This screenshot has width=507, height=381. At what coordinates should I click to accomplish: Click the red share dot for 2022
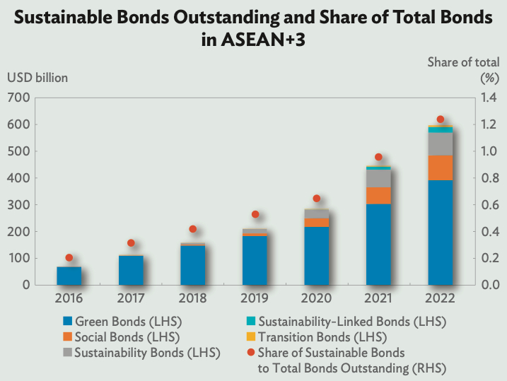pos(441,119)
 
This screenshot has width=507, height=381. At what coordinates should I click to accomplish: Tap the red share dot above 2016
pos(69,258)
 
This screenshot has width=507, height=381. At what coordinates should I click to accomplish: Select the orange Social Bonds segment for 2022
pos(441,168)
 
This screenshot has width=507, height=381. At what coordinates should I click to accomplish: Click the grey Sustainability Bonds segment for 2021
pos(378,178)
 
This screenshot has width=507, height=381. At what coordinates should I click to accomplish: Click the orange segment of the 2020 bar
pos(317,223)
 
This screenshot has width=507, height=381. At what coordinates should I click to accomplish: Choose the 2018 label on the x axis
pos(192,298)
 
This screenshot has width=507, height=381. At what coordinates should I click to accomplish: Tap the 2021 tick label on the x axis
pos(378,298)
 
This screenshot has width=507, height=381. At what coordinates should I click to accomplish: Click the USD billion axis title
pos(37,78)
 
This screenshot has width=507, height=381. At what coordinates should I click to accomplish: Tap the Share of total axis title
pos(463,62)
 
